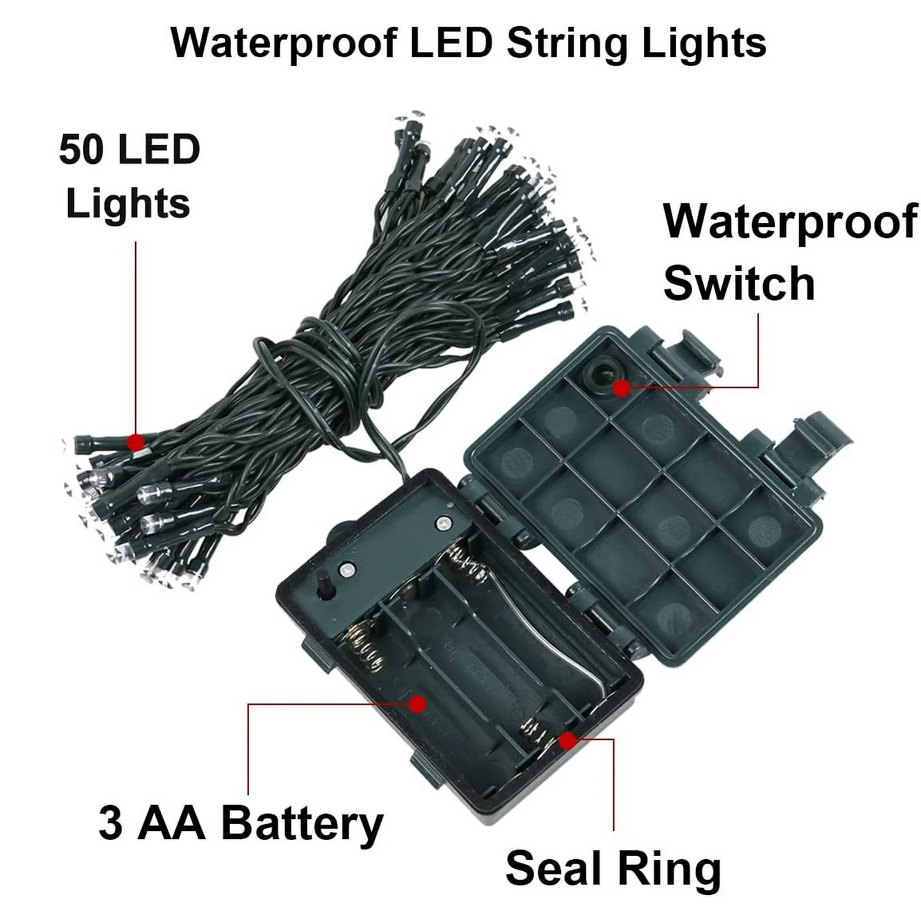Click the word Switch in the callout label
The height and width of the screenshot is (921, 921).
click(x=739, y=283)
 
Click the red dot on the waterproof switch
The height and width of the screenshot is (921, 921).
click(x=621, y=389)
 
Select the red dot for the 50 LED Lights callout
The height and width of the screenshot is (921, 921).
click(x=136, y=441)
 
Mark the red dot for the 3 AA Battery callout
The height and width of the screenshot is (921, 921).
click(x=418, y=704)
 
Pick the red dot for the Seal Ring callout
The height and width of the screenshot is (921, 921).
click(x=567, y=741)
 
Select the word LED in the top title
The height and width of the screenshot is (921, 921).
click(x=451, y=43)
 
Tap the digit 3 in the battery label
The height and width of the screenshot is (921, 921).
click(x=110, y=823)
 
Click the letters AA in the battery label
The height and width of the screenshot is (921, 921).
click(x=172, y=823)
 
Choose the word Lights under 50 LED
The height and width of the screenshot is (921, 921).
click(x=127, y=204)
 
